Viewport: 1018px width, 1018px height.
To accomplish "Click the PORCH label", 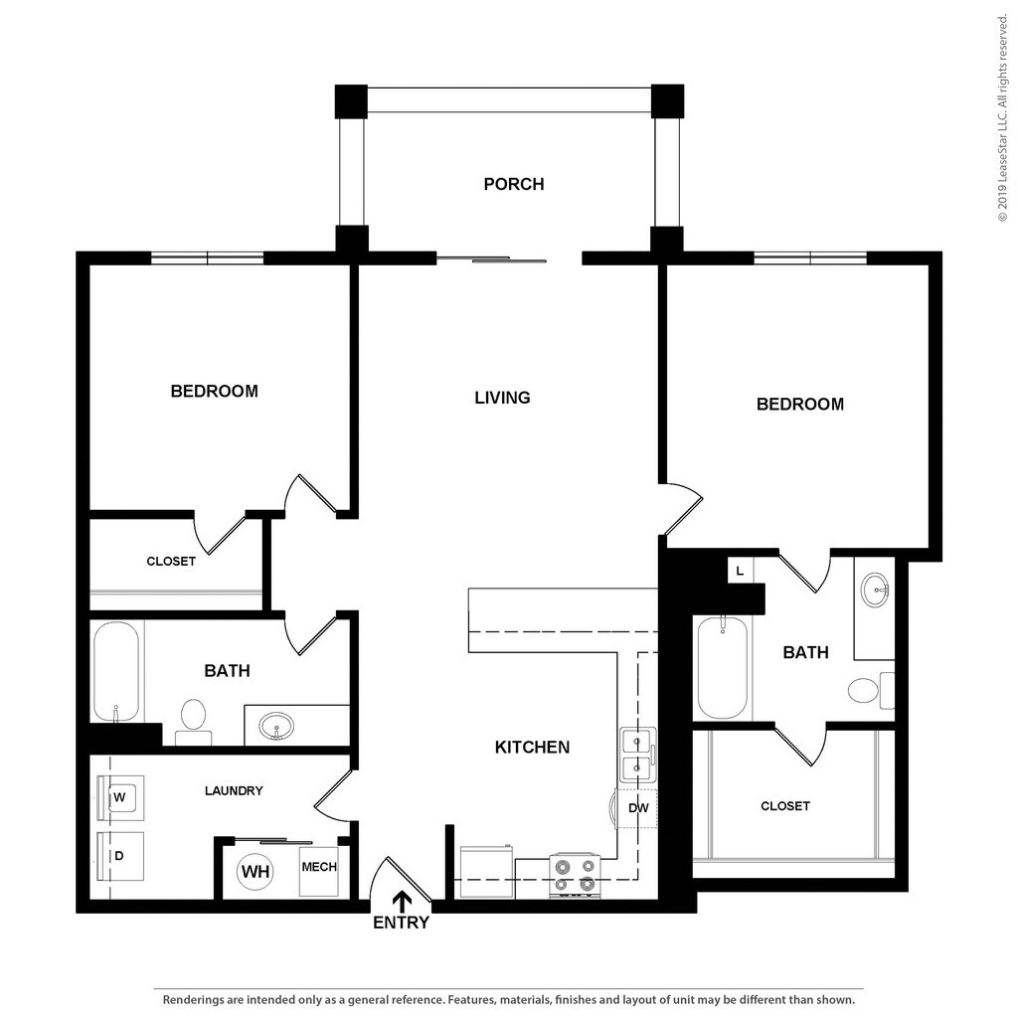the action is pos(513,184).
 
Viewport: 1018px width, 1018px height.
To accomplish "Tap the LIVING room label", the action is pos(502,398).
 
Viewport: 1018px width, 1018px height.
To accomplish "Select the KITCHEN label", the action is pos(532,747).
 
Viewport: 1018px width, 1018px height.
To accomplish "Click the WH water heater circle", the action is pos(255,872).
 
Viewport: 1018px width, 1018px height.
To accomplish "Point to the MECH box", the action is pos(319,868).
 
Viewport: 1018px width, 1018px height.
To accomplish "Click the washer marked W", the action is pos(120,796).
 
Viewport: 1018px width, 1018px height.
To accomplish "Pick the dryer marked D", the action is pos(119,855).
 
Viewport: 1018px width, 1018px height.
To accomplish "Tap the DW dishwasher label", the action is pos(638,808).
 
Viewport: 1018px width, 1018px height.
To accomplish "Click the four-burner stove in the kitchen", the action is pos(575,875).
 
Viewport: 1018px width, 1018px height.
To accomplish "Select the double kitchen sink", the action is pos(637,755).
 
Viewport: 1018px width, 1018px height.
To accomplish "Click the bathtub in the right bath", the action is pos(723,667).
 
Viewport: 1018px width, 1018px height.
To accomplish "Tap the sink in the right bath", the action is pos(876,590).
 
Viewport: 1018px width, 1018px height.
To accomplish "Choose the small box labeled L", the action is pos(740,571).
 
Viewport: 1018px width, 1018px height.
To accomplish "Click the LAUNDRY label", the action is pos(234,791).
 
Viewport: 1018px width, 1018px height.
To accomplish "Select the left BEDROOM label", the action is pos(214,392).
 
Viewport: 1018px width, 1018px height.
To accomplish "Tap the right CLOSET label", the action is pos(785,806).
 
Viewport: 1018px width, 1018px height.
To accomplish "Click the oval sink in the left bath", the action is pos(275,727).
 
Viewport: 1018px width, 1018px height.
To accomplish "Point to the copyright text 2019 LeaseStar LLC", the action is pos(1003,118).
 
